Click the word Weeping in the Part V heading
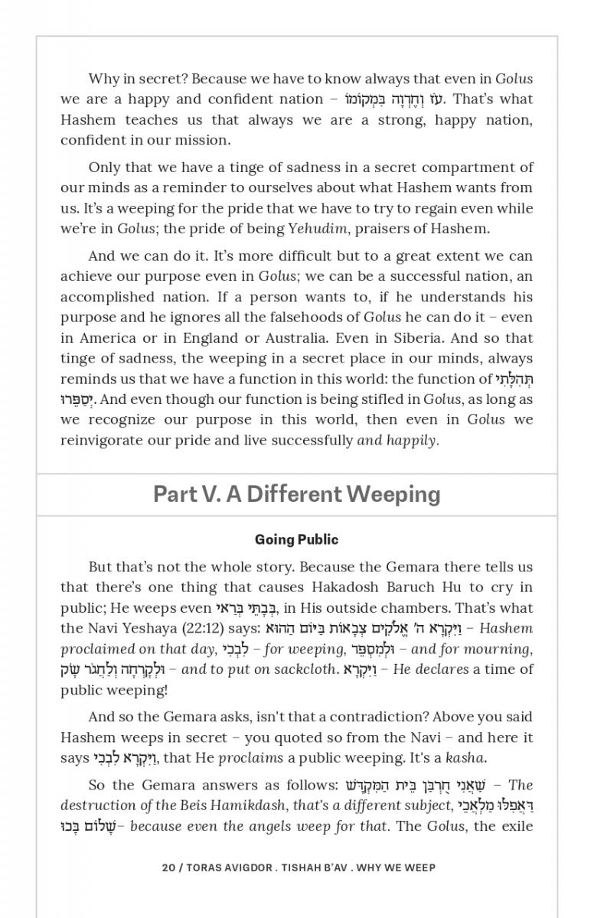395,494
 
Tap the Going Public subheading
296,539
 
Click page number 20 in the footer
168,868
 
